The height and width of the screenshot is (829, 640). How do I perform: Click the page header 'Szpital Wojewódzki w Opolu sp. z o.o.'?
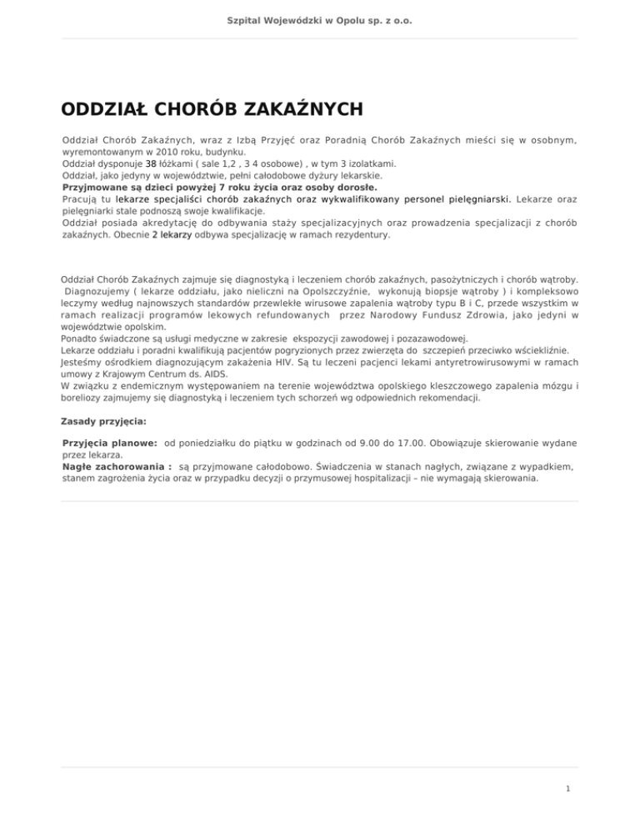[320, 19]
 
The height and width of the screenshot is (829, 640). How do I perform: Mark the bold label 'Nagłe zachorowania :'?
[117, 469]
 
